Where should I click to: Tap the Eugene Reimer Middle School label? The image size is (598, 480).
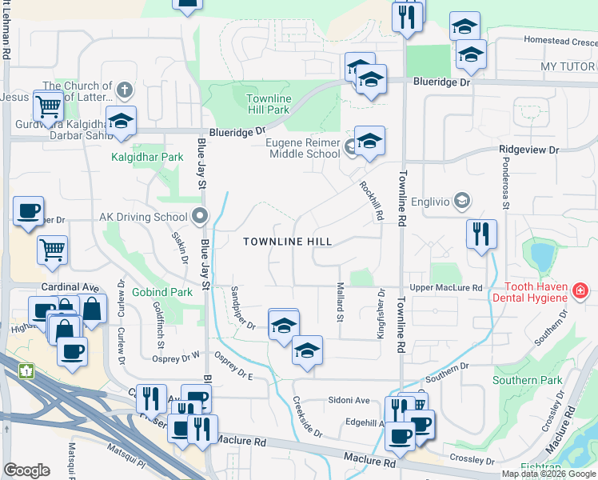[x=301, y=148]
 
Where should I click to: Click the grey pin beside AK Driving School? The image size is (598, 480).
[x=200, y=216]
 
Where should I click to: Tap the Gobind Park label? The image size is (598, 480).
[x=164, y=293]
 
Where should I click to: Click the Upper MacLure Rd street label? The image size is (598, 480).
[x=445, y=287]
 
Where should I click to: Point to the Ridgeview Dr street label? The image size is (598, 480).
[x=528, y=150]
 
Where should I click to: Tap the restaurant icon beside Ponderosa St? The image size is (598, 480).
[x=480, y=234]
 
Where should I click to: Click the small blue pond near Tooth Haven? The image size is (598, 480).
[x=541, y=257]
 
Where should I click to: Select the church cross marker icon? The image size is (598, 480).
[x=122, y=88]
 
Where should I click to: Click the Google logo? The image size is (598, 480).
[x=26, y=470]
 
